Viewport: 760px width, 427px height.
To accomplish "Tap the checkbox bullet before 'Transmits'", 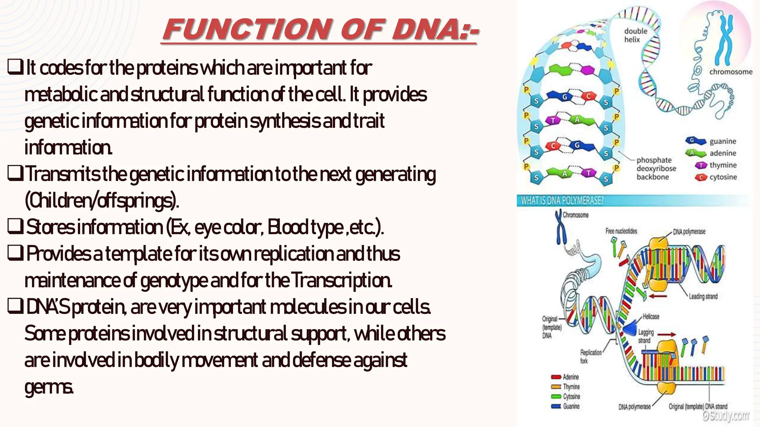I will pyautogui.click(x=16, y=174).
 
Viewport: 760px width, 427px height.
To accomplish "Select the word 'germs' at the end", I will pyautogui.click(x=49, y=387).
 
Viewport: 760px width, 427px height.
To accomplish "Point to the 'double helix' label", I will pyautogui.click(x=635, y=35).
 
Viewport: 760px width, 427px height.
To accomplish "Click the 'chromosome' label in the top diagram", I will pyautogui.click(x=731, y=72).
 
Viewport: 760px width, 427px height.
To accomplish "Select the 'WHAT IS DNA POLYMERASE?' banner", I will pyautogui.click(x=562, y=201).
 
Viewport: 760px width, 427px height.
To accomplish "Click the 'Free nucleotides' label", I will pyautogui.click(x=621, y=231).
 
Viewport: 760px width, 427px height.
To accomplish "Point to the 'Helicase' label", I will pyautogui.click(x=651, y=317).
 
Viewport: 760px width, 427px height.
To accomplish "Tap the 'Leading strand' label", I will pyautogui.click(x=703, y=297).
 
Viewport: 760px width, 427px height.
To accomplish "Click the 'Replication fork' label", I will pyautogui.click(x=590, y=356).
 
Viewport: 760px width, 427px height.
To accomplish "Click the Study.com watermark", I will pyautogui.click(x=725, y=416).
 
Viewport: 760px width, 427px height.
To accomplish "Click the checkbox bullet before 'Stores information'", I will pyautogui.click(x=16, y=227).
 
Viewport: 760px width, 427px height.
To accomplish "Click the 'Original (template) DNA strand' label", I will pyautogui.click(x=698, y=407).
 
